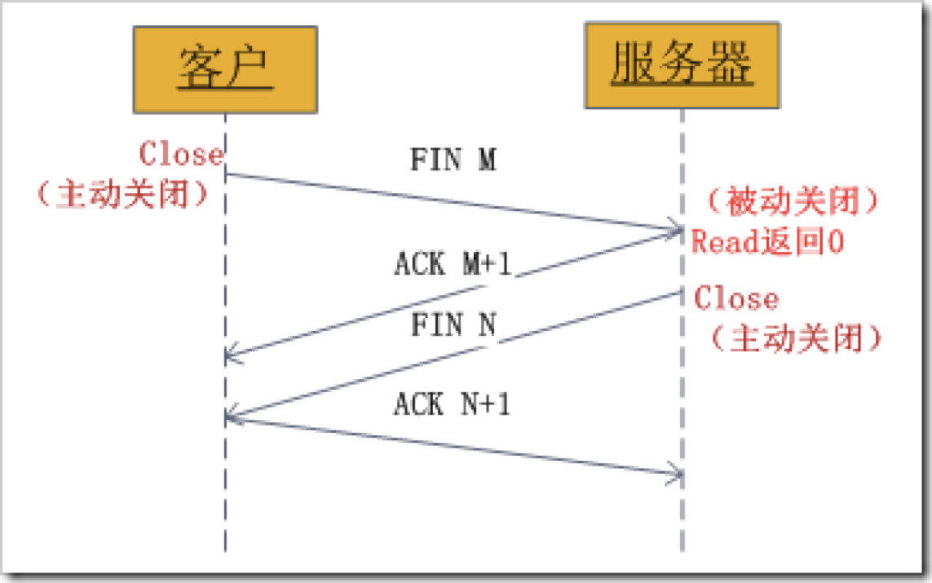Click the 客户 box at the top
click(225, 69)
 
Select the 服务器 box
click(682, 65)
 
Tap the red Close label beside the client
click(181, 153)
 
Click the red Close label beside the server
click(736, 298)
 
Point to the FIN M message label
click(453, 160)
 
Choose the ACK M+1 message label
click(453, 263)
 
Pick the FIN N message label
click(453, 325)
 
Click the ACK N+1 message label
click(453, 404)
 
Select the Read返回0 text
click(767, 242)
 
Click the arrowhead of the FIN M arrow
click(676, 229)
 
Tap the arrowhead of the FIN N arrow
click(231, 417)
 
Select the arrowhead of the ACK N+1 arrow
click(676, 474)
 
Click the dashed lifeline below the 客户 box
click(225, 506)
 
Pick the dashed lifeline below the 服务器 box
click(682, 522)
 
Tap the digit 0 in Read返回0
click(834, 242)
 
